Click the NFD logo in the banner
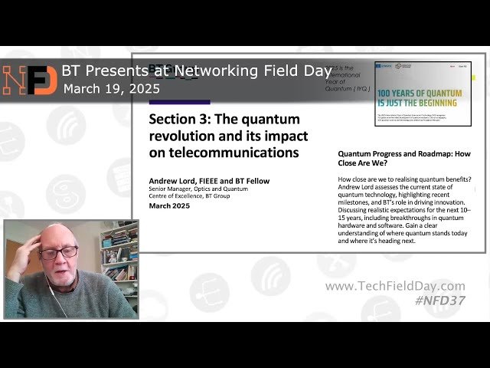click(30, 80)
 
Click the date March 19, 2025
click(112, 89)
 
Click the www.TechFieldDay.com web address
click(394, 286)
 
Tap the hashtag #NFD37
click(439, 301)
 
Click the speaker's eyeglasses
click(60, 251)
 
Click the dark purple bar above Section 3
click(179, 101)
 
